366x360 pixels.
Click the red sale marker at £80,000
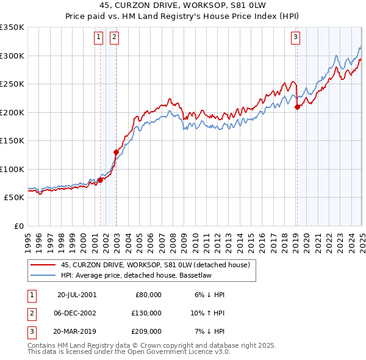click(x=101, y=180)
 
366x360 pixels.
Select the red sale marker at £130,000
click(x=116, y=152)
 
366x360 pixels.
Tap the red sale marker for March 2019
click(x=297, y=107)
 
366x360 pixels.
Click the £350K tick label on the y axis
click(x=12, y=27)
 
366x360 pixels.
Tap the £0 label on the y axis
click(x=19, y=226)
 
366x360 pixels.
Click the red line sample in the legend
click(x=43, y=265)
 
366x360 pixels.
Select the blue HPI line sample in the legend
click(x=43, y=275)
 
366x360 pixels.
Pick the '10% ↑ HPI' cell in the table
click(x=208, y=313)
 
